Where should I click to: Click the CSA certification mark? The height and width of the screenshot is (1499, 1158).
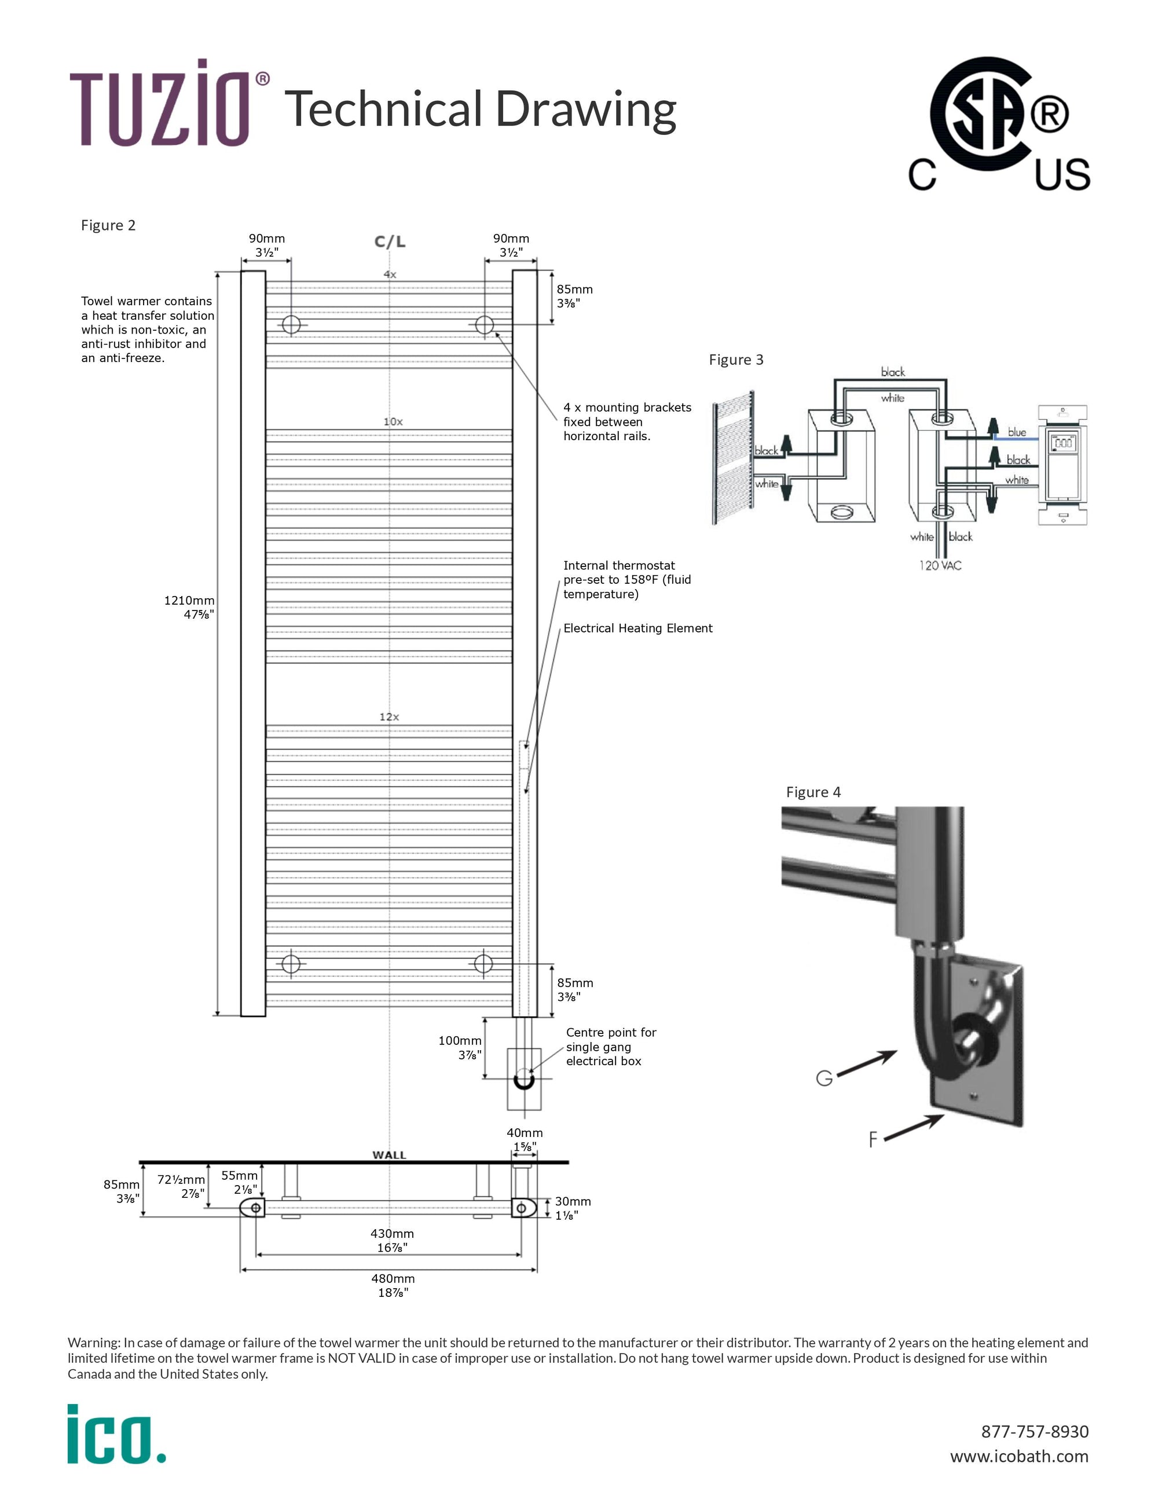[x=998, y=124]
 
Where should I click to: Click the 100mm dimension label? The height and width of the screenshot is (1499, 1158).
[x=460, y=1047]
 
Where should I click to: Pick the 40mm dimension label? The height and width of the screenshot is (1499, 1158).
[x=525, y=1139]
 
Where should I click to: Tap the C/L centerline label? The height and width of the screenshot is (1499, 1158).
[x=390, y=242]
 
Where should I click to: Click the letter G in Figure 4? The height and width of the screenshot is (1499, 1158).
[x=824, y=1079]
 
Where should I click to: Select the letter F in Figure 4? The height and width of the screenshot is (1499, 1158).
[x=873, y=1140]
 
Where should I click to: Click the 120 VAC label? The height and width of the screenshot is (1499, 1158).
[x=940, y=565]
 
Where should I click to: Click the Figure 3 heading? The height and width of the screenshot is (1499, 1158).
[x=735, y=360]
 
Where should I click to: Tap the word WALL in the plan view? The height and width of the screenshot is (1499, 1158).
[x=389, y=1155]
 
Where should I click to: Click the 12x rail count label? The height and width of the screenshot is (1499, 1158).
[x=389, y=716]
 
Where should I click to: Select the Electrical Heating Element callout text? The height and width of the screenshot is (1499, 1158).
[x=638, y=628]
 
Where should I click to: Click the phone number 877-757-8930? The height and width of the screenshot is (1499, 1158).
[x=1035, y=1432]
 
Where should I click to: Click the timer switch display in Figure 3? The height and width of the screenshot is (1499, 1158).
[x=1063, y=443]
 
